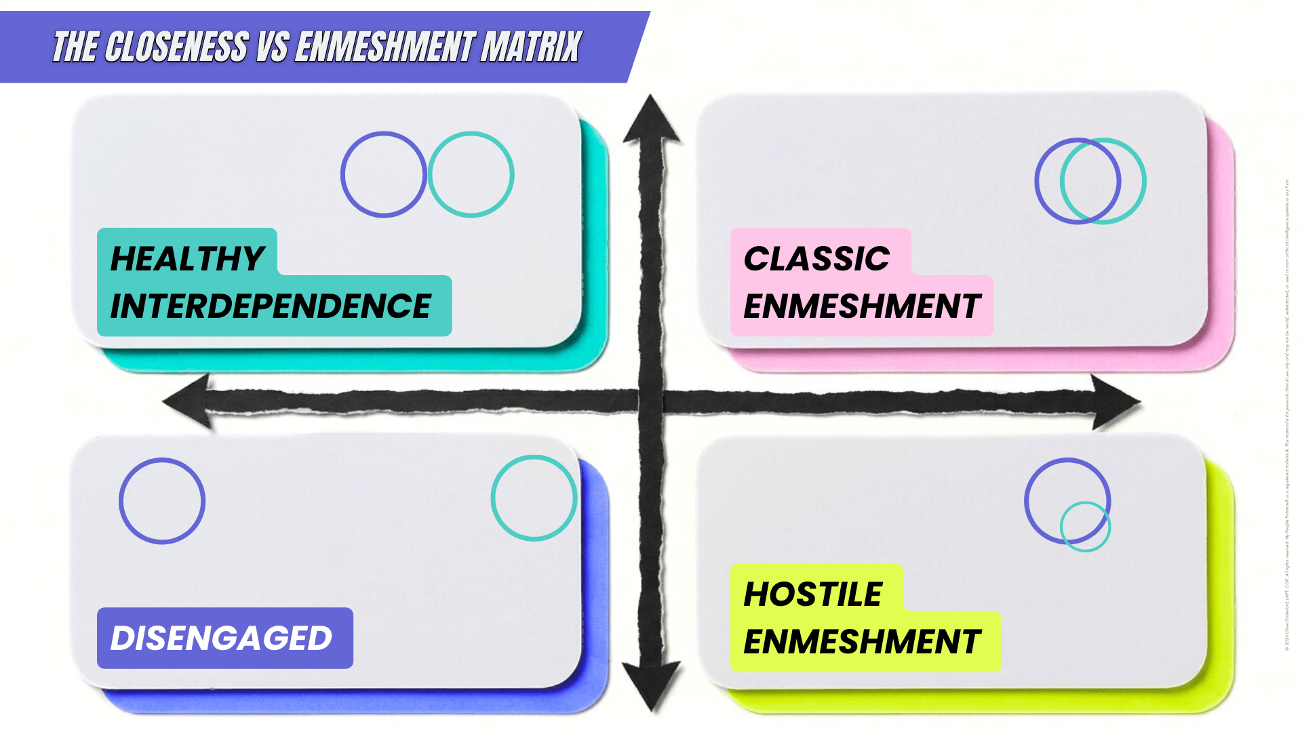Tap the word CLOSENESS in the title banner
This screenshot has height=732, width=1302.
(176, 47)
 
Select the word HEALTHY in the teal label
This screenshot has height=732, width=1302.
(187, 258)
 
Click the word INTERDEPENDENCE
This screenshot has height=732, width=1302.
(271, 306)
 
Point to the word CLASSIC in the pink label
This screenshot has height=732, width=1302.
(816, 258)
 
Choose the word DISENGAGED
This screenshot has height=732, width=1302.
(221, 638)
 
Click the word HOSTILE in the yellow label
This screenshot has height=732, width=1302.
(813, 594)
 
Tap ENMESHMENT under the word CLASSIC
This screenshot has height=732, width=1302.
(862, 306)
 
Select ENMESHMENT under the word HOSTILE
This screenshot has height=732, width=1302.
(862, 641)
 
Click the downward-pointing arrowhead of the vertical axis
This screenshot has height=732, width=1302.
(651, 685)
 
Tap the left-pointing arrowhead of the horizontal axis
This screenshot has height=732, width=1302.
(186, 401)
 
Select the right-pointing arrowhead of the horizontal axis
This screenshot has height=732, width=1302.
(1116, 402)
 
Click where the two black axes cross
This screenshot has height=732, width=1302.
(651, 401)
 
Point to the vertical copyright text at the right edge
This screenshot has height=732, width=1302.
(1286, 413)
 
